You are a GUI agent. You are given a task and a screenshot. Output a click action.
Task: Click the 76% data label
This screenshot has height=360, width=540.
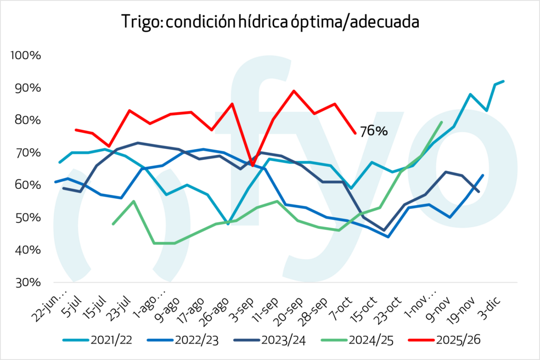pos(373,131)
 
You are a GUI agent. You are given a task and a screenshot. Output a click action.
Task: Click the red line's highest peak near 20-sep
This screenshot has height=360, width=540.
pos(294,91)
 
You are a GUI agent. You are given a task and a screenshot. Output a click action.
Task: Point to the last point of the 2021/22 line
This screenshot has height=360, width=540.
pos(504,81)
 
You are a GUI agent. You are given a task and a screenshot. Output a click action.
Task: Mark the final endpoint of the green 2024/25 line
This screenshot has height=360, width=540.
pos(441,122)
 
